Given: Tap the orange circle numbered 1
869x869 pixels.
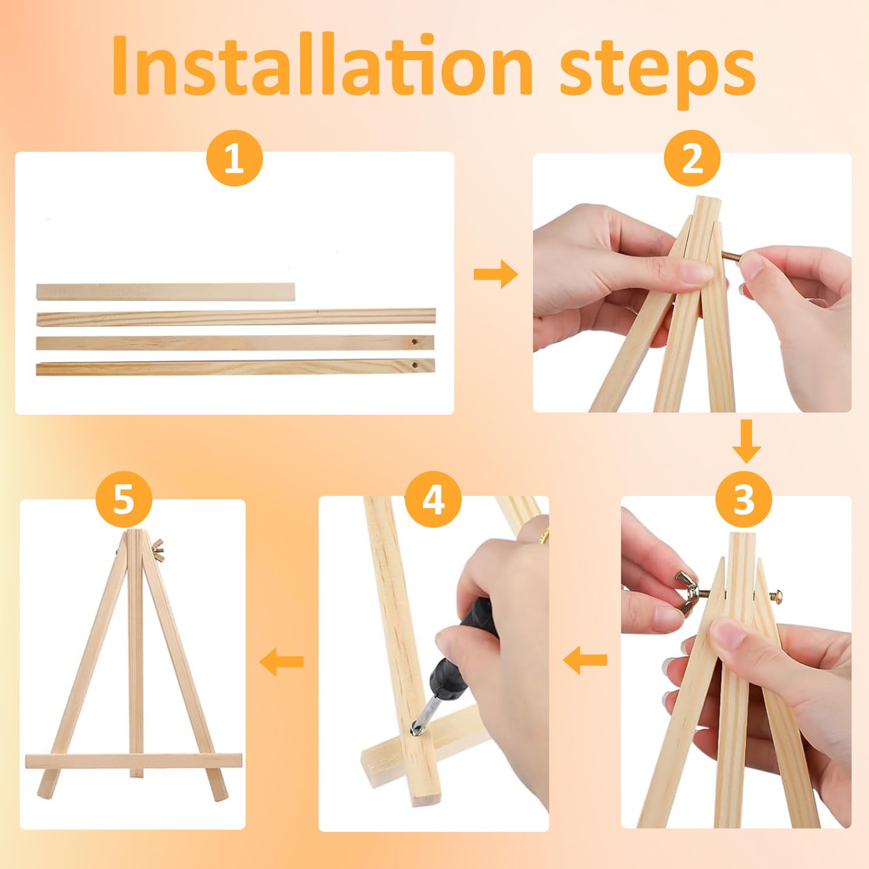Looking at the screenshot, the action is pos(235,158).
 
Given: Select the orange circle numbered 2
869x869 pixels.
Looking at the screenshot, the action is pos(692,158).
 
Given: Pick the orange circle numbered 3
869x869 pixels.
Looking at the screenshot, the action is pos(744,499).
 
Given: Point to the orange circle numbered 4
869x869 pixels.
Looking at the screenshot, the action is pos(433,499).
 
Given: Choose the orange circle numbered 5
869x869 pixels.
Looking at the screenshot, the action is pos(123,499).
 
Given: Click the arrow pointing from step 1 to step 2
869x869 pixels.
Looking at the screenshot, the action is pos(495,274).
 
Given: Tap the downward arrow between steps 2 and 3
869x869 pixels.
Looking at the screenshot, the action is pos(747,441).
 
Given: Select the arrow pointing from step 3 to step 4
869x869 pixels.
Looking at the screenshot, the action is pos(585,660).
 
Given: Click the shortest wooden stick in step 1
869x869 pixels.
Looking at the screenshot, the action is pos(166,291).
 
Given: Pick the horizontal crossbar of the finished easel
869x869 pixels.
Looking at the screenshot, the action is pos(133,761).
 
